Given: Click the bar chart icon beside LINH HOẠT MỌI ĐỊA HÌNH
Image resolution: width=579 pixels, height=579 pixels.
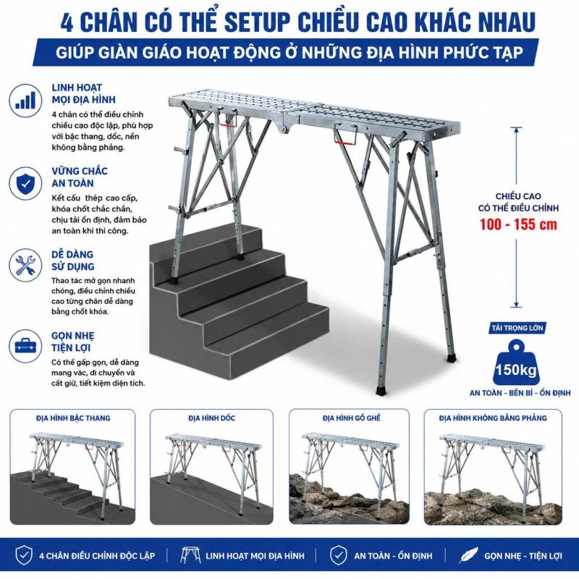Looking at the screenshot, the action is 25,101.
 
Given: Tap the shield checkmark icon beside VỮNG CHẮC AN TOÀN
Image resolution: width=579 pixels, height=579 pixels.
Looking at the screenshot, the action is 25,184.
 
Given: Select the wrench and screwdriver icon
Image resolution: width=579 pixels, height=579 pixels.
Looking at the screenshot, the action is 25,265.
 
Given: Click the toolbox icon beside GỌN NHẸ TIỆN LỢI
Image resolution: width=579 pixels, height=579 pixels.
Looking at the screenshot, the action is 25,346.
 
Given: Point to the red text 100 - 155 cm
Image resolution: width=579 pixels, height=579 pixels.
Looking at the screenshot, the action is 518,224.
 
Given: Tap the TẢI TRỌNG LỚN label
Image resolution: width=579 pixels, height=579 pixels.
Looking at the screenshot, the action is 517,328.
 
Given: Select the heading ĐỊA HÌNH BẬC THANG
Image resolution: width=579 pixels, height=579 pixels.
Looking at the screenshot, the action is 73,418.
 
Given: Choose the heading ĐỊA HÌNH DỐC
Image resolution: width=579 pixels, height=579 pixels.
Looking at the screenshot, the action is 211,418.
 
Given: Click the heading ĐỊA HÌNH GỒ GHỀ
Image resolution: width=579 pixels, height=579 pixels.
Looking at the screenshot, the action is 351,418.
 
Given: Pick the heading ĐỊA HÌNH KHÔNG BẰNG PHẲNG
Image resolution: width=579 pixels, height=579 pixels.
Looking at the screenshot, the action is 493,418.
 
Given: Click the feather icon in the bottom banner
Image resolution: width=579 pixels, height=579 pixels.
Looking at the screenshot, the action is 468,555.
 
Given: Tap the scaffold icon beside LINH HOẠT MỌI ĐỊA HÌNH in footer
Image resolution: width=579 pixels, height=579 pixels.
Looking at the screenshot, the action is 190,555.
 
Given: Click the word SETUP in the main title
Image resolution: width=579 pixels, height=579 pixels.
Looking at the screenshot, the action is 257,22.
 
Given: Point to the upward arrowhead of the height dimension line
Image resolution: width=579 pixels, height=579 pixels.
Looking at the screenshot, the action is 517,130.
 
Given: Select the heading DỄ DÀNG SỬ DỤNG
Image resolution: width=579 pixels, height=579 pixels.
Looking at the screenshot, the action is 73,261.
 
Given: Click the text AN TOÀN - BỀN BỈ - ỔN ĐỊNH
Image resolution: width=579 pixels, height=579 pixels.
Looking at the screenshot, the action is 520,393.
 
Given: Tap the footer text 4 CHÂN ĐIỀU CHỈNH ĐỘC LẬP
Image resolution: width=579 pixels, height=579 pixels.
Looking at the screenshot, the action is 97,555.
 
